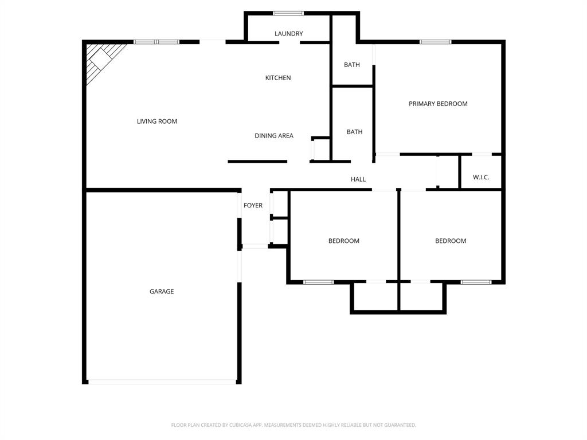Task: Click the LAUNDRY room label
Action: pyautogui.click(x=288, y=34)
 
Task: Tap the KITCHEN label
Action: pyautogui.click(x=278, y=78)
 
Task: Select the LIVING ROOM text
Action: pyautogui.click(x=157, y=121)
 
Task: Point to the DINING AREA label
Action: pyautogui.click(x=274, y=136)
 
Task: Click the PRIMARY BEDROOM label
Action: pyautogui.click(x=438, y=104)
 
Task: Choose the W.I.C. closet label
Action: pyautogui.click(x=481, y=178)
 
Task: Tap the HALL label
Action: pyautogui.click(x=358, y=179)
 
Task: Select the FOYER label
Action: pyautogui.click(x=253, y=206)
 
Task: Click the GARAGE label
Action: pyautogui.click(x=162, y=292)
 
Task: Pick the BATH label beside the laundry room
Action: pyautogui.click(x=352, y=65)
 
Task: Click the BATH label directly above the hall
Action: pyautogui.click(x=354, y=132)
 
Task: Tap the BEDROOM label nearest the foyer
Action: pyautogui.click(x=344, y=241)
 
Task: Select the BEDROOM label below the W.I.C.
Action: pyautogui.click(x=451, y=241)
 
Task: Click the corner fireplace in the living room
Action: pyautogui.click(x=101, y=58)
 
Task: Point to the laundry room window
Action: pyautogui.click(x=288, y=13)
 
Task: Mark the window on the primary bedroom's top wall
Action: pyautogui.click(x=436, y=42)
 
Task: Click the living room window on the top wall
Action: pyautogui.click(x=156, y=42)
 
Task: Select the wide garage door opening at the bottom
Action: pyautogui.click(x=162, y=382)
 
